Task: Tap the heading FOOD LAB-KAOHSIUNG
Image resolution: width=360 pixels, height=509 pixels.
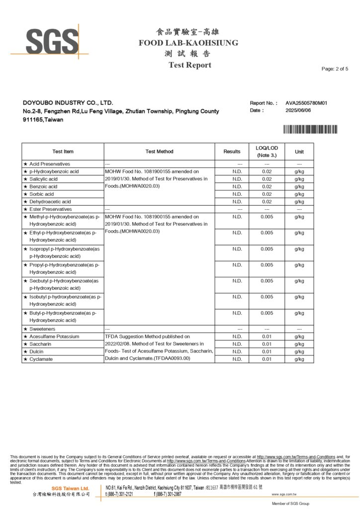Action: [188, 43]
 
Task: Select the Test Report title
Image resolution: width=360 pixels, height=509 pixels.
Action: [189, 65]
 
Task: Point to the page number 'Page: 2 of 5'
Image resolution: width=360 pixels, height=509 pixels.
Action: [335, 69]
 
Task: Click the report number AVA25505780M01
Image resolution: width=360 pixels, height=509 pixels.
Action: [306, 103]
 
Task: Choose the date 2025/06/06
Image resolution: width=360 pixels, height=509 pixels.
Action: [298, 110]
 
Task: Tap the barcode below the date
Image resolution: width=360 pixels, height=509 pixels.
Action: [310, 130]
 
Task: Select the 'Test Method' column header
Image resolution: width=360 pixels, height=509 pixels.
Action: [159, 152]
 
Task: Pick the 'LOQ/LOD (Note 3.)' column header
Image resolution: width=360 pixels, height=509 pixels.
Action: [267, 152]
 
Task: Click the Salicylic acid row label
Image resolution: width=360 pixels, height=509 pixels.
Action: [43, 179]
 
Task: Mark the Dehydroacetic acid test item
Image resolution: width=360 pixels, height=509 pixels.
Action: [50, 202]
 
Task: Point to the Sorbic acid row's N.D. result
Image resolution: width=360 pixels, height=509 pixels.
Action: [237, 194]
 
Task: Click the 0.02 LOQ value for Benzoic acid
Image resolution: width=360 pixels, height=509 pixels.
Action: [267, 186]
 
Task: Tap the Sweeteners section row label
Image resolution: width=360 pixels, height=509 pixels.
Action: [42, 329]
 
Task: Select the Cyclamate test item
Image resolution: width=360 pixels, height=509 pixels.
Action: [42, 359]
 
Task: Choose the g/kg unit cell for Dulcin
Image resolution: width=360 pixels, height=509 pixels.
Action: [299, 351]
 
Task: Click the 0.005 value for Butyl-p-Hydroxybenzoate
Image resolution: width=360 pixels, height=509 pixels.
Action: [267, 313]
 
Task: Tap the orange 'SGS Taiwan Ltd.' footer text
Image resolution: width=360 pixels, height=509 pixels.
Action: [70, 489]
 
